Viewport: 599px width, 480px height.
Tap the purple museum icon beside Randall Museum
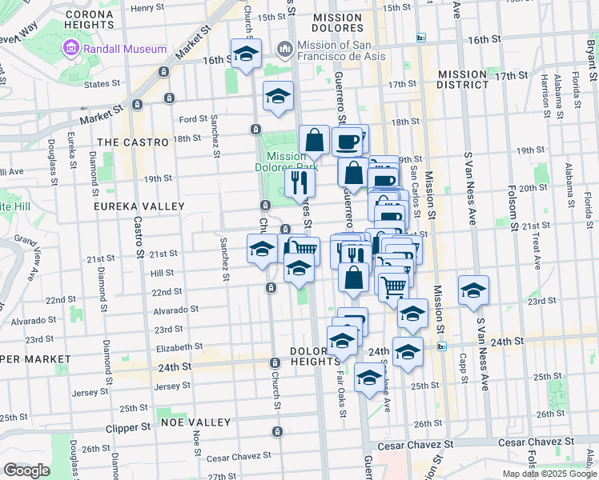[x=70, y=49]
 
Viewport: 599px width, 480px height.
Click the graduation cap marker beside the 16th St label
[x=245, y=54]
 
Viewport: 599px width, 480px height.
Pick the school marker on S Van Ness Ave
[x=473, y=290]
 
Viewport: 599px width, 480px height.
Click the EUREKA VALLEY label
[x=129, y=206]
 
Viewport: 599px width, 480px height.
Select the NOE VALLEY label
[x=195, y=422]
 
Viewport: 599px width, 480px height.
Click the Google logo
[x=26, y=470]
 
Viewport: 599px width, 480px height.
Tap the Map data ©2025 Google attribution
[x=549, y=474]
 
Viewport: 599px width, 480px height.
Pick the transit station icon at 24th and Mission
[x=441, y=346]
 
